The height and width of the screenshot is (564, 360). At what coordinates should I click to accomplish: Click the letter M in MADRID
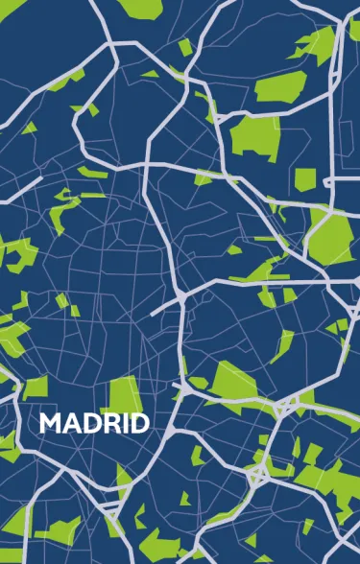(x=50, y=423)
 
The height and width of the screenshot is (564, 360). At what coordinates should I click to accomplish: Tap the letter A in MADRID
(x=70, y=423)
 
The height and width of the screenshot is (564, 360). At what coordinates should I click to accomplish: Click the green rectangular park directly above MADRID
(x=122, y=394)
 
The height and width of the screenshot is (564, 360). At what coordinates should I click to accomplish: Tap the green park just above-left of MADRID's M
(x=36, y=387)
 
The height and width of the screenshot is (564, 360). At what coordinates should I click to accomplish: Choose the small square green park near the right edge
(x=304, y=179)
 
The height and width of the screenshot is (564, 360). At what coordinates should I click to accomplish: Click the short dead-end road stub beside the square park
(x=327, y=181)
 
